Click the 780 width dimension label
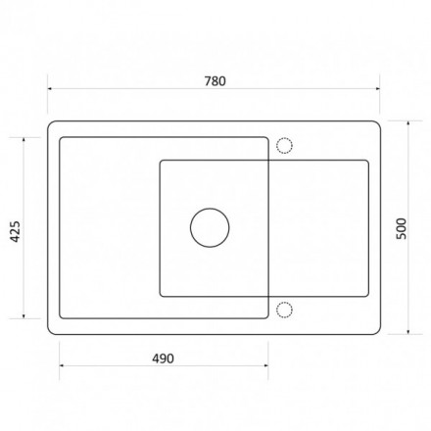pyautogui.click(x=215, y=81)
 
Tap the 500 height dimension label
pyautogui.click(x=402, y=228)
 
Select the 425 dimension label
pyautogui.click(x=16, y=231)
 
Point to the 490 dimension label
pyautogui.click(x=163, y=359)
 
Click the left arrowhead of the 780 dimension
pyautogui.click(x=50, y=88)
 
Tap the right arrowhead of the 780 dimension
pyautogui.click(x=377, y=88)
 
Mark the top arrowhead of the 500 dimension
pyautogui.click(x=408, y=123)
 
